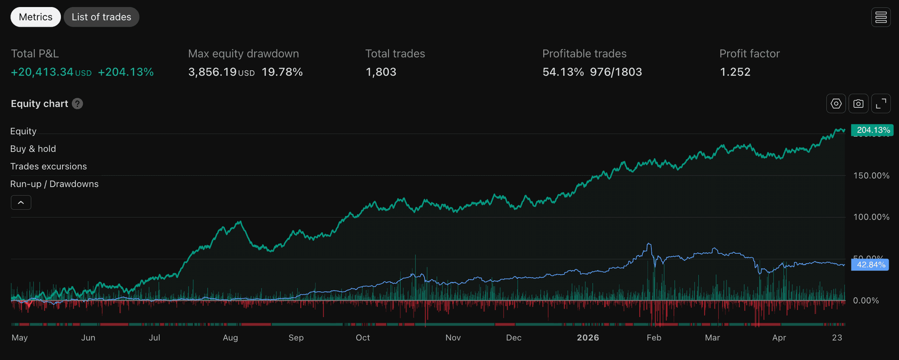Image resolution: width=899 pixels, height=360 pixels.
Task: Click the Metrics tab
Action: [36, 17]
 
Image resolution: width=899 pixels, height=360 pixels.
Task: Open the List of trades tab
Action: [101, 17]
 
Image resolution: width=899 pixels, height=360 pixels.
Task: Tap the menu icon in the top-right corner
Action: [881, 17]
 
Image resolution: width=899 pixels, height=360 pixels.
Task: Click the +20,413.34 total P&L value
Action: [42, 72]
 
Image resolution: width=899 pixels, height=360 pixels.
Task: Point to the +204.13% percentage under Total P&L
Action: [125, 72]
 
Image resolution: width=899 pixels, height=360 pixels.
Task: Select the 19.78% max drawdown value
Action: [282, 72]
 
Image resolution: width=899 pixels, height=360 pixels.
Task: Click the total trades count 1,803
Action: [381, 72]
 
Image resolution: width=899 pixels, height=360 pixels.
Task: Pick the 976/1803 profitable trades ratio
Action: [616, 72]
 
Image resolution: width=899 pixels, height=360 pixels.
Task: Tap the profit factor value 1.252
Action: [735, 72]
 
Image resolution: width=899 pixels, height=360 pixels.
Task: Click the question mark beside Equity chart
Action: [78, 103]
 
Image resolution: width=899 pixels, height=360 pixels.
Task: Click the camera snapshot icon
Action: [858, 103]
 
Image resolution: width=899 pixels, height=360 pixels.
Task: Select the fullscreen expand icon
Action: [881, 103]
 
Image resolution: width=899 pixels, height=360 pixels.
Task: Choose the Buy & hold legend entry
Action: [33, 149]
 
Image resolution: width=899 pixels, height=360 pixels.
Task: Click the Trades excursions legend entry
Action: [48, 166]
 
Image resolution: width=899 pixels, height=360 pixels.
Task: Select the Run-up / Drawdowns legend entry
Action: [54, 184]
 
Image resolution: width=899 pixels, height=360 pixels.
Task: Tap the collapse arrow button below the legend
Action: [21, 202]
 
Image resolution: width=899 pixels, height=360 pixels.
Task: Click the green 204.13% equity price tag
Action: [872, 130]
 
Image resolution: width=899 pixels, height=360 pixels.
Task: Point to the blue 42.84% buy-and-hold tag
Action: [870, 264]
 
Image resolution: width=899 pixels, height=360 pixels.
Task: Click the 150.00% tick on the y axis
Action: [871, 176]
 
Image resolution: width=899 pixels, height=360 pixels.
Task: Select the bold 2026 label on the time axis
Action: [588, 338]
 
